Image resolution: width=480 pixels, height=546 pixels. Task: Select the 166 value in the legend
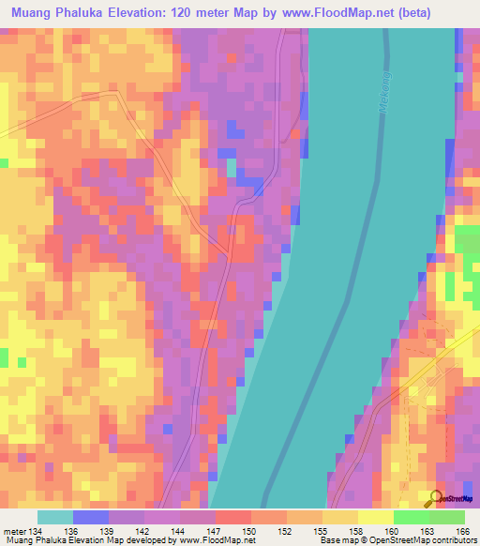point(462,532)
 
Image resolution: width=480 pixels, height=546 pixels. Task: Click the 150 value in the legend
point(250,532)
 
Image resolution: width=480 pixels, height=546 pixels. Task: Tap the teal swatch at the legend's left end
point(55,517)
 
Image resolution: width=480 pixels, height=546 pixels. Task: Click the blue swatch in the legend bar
point(91,517)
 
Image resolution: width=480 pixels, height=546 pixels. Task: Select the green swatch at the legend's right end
point(446,517)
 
